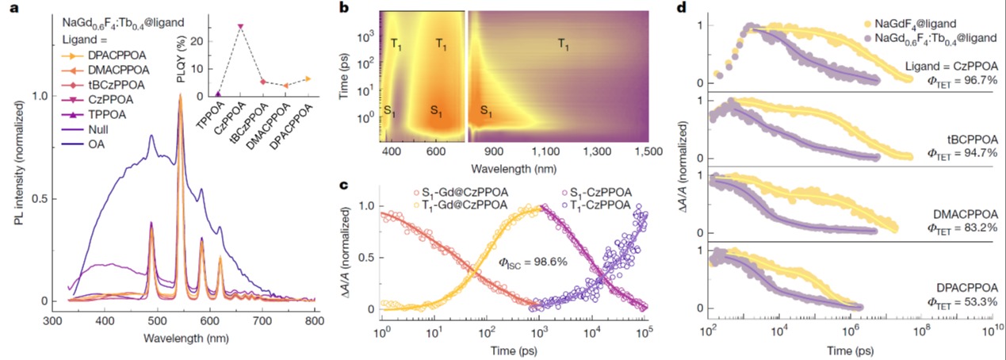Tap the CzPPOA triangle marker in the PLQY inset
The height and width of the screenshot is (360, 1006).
[240, 26]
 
